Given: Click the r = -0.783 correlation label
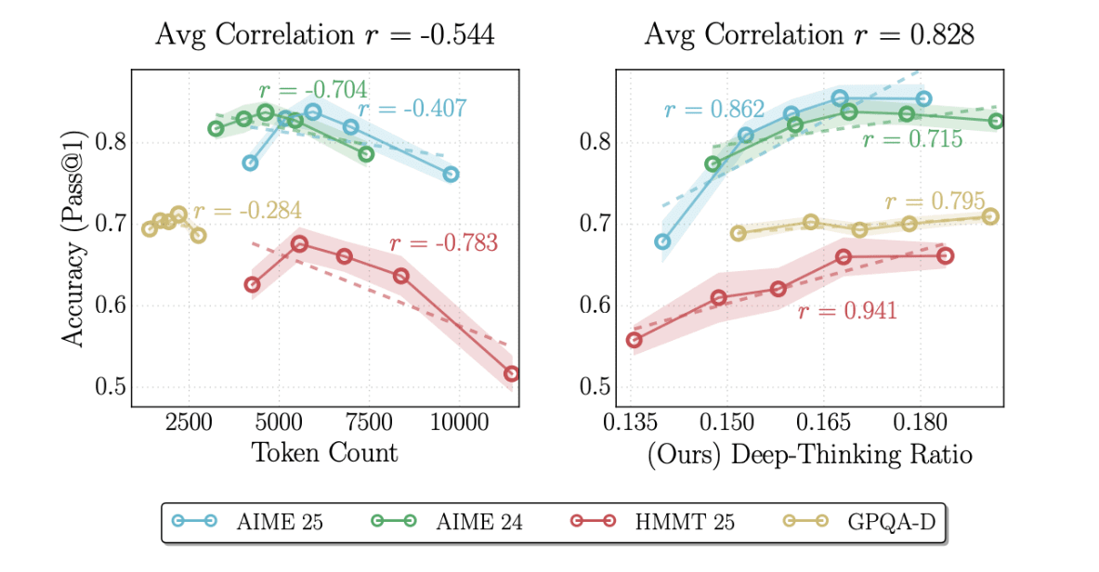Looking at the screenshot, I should coord(443,244).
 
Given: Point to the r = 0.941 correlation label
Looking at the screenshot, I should coord(847,311).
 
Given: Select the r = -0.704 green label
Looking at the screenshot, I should coord(312,90).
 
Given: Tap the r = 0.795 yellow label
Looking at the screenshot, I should coord(935,201).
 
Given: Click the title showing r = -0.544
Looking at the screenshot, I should coord(324,35).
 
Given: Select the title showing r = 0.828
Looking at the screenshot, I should coord(809,35).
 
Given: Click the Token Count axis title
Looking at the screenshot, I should coord(324,453).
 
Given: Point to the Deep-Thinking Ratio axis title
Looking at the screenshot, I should coord(809,455).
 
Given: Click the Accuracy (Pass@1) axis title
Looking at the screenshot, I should coord(74,239).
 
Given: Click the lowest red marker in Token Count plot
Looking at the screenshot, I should coord(512,373).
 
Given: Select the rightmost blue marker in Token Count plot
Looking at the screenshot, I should coord(451,175).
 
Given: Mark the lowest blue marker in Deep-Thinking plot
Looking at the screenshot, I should coord(662,241).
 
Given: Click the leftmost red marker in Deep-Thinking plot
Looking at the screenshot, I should coord(635,340).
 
